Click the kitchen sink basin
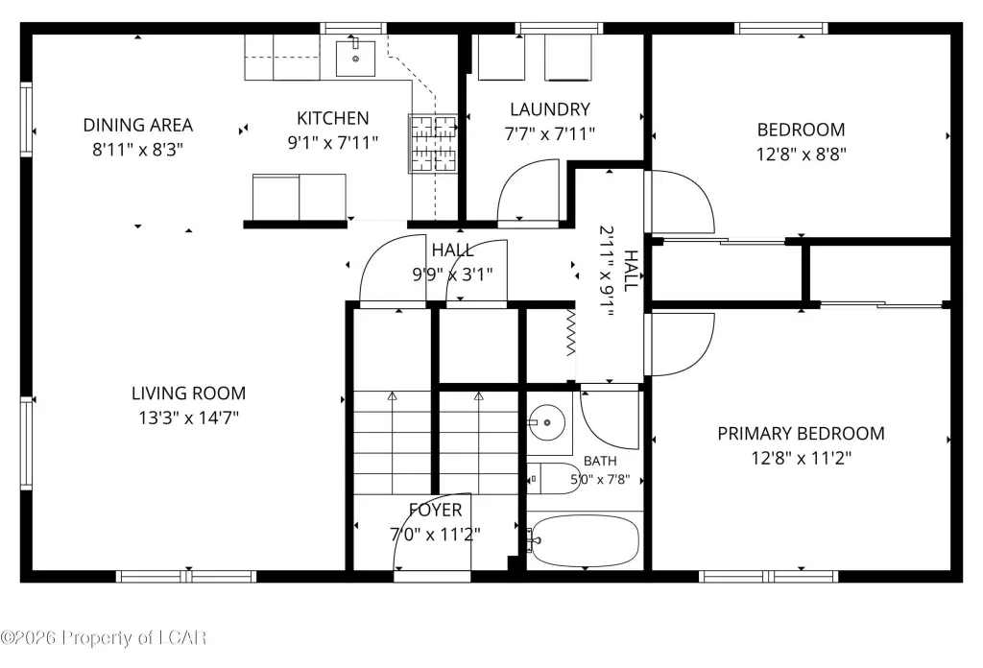point(355,59)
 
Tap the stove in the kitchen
point(433,144)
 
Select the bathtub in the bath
point(585,540)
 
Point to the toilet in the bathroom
point(553,479)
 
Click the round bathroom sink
point(546,422)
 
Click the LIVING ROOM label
point(188,394)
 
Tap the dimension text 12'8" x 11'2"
point(802,458)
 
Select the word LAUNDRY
point(550,109)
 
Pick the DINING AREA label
point(138,126)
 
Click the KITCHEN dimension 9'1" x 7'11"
point(333,142)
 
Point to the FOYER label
point(435,510)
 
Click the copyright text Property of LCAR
point(134,638)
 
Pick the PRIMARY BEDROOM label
point(802,434)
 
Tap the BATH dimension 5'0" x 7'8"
point(599,480)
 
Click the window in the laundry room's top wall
point(560,28)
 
